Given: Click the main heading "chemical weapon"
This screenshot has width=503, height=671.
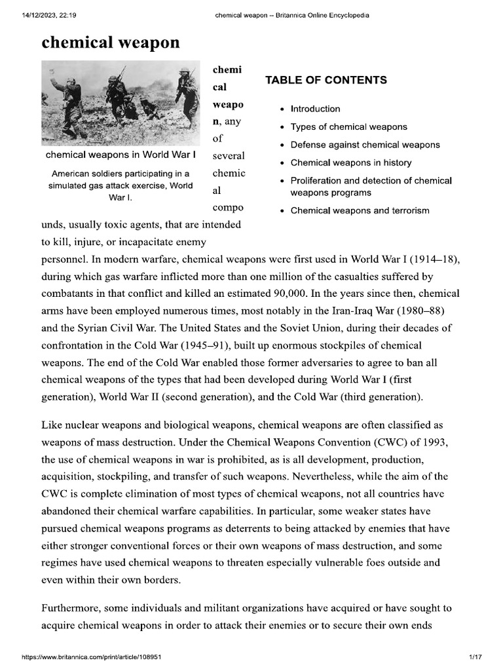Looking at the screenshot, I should click(x=110, y=43).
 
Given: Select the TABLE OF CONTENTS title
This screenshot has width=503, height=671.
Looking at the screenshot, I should click(x=326, y=81).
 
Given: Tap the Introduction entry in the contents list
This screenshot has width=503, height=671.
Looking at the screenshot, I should click(x=315, y=109).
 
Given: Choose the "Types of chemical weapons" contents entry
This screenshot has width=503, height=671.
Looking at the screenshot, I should click(x=348, y=126).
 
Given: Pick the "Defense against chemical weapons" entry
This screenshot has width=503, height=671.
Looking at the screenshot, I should click(x=365, y=145).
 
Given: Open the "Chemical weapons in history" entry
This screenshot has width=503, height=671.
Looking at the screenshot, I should click(x=351, y=163).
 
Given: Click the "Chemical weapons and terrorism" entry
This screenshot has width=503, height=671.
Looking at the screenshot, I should click(x=360, y=210).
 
